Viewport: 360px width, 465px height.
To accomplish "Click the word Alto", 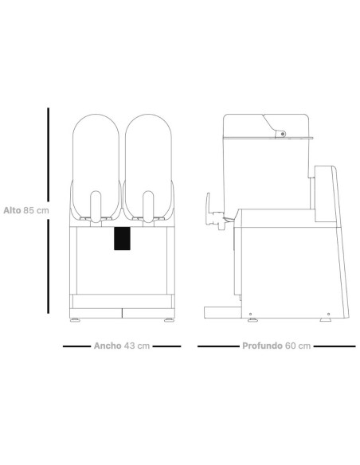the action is click(12, 210).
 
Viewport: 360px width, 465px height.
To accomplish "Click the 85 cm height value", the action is click(36, 210).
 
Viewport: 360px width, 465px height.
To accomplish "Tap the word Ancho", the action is click(108, 346).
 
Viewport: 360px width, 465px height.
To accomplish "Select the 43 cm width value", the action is click(137, 346).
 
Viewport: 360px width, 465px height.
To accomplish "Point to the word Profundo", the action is click(262, 346).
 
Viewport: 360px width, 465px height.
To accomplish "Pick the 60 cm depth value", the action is click(298, 346).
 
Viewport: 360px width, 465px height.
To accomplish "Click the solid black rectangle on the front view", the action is click(122, 238).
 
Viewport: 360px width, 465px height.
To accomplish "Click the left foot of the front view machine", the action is click(75, 320).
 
